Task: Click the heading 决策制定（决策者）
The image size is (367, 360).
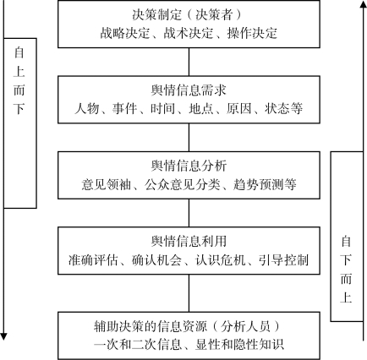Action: pyautogui.click(x=188, y=14)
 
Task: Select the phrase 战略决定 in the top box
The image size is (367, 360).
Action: pyautogui.click(x=125, y=33)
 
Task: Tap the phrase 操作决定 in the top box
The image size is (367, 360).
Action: pyautogui.click(x=252, y=33)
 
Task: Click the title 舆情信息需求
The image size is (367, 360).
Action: pyautogui.click(x=189, y=90)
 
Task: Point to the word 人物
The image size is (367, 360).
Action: pyautogui.click(x=87, y=109)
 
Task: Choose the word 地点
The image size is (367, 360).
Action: pyautogui.click(x=201, y=109)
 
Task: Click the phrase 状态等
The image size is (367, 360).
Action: pyautogui.click(x=283, y=109)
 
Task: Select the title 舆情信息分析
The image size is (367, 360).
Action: pyautogui.click(x=189, y=166)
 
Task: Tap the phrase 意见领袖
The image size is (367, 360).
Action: pyautogui.click(x=107, y=184)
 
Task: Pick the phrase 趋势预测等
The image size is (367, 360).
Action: pyautogui.click(x=265, y=184)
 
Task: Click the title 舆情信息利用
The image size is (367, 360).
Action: pyautogui.click(x=189, y=242)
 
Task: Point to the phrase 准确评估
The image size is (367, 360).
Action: pyautogui.click(x=93, y=260)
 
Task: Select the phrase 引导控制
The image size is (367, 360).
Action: pyautogui.click(x=283, y=260)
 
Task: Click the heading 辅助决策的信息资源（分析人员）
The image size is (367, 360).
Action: pyautogui.click(x=188, y=326)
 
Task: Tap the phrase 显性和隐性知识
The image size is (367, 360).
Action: pyautogui.click(x=239, y=345)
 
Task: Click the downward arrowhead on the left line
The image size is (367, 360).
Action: pyautogui.click(x=3, y=337)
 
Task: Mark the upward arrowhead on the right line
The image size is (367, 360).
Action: pyautogui.click(x=363, y=4)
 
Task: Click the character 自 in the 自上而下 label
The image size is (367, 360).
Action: pyautogui.click(x=19, y=52)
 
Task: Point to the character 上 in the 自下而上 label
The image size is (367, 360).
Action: pyautogui.click(x=346, y=297)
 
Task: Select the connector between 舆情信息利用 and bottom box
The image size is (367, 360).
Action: pyautogui.click(x=189, y=293)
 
